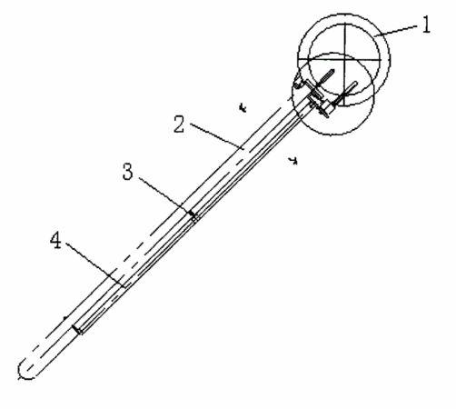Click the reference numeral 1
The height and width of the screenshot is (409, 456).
[x=426, y=25]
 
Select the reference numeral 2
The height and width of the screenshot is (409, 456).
[x=179, y=125]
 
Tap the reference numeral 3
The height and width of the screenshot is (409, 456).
[x=128, y=172]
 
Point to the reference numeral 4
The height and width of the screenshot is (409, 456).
[x=55, y=240]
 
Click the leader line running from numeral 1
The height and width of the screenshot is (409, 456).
[x=396, y=31]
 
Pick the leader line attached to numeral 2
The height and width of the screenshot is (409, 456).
[x=217, y=136]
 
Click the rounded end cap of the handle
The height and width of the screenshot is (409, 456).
[x=25, y=370]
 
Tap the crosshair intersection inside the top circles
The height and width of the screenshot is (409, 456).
[x=344, y=60]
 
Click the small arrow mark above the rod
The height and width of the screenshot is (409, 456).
[x=243, y=108]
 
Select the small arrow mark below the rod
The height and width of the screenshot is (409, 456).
[x=293, y=161]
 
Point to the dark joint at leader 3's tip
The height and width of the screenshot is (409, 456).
[x=193, y=214]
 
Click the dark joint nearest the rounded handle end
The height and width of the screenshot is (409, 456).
[x=77, y=330]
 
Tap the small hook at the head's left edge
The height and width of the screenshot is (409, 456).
[x=298, y=84]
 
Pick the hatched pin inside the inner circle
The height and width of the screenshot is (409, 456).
[x=325, y=77]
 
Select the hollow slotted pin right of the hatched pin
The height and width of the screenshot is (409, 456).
[x=348, y=92]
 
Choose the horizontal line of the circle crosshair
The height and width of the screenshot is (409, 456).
[x=340, y=60]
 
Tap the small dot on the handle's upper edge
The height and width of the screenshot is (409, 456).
[x=64, y=318]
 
